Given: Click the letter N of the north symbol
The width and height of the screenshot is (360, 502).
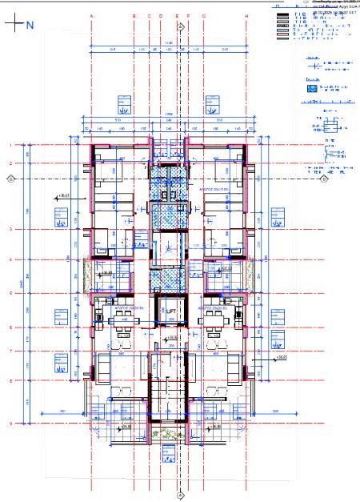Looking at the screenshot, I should (30, 25).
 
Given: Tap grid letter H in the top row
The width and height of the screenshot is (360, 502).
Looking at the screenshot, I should (246, 15).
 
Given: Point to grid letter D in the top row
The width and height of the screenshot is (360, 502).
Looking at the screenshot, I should (161, 15).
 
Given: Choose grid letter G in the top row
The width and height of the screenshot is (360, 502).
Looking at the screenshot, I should (205, 15).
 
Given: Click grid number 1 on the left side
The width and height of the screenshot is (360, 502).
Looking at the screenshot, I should (10, 145).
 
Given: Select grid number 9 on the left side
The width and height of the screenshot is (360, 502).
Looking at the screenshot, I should (10, 424).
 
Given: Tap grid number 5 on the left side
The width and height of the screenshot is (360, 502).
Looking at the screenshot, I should (10, 293).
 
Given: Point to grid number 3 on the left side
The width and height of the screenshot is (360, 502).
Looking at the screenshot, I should (10, 229).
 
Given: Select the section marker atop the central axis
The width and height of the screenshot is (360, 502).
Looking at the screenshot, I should (181, 26).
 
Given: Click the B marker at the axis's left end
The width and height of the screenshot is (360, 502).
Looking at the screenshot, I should (10, 179).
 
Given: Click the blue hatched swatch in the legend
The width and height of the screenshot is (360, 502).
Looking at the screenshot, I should (311, 90).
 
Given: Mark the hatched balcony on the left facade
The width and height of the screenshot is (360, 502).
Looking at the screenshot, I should (89, 269).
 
